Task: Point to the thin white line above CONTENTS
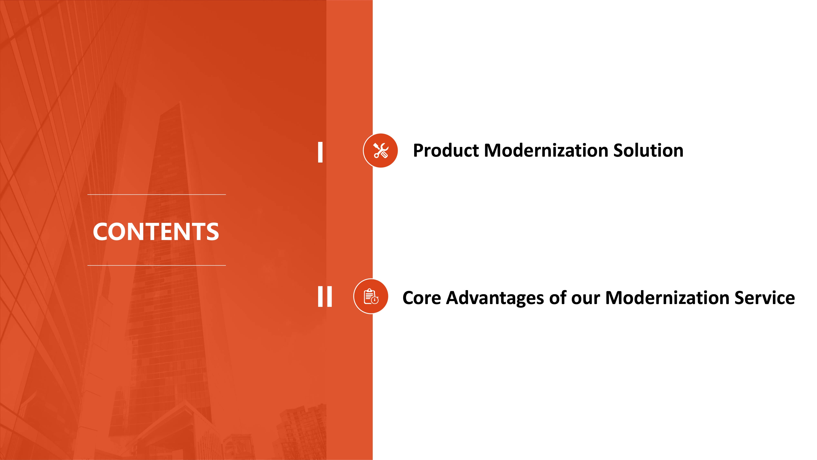156,194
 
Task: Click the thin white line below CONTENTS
156,265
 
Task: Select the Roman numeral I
320,152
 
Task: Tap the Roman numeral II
325,296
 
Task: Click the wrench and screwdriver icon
381,150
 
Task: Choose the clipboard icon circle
371,296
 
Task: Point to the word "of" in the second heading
558,298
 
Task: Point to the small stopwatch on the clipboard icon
375,299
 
